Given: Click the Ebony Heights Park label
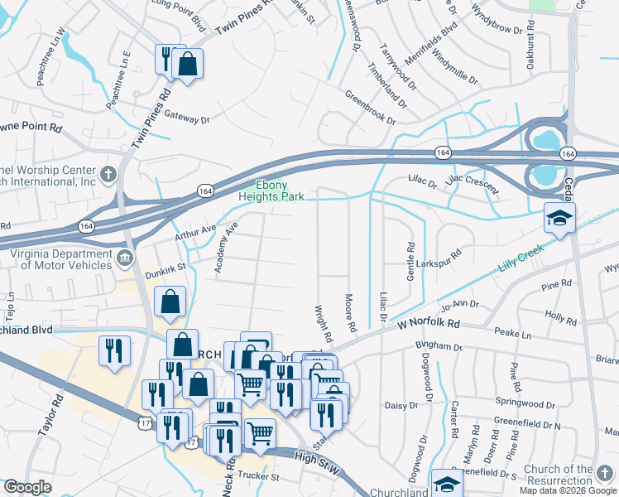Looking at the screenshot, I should coord(271,191).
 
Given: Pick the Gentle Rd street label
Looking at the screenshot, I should coord(410,260).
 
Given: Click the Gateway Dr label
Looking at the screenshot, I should coord(186,118).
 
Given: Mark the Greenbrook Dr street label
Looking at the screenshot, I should coord(370,108).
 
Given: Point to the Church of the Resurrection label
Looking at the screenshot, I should coord(570,475).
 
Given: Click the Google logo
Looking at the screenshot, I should coord(27,488).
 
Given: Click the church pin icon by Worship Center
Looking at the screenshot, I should coord(108,174).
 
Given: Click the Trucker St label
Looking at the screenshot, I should coord(259,476).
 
